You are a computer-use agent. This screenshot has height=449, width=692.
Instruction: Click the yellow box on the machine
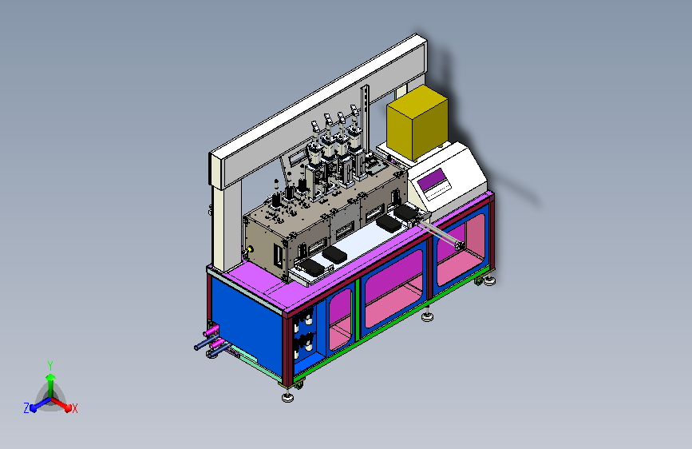pyautogui.click(x=417, y=122)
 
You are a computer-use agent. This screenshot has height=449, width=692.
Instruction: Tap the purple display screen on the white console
pyautogui.click(x=432, y=180)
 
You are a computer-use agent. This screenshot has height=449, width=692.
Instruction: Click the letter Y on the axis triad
pyautogui.click(x=50, y=366)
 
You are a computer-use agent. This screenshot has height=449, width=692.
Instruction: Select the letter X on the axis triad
pyautogui.click(x=74, y=409)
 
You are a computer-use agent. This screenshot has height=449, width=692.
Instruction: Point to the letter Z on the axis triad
pyautogui.click(x=26, y=408)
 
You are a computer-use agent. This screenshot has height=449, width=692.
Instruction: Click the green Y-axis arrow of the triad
pyautogui.click(x=51, y=386)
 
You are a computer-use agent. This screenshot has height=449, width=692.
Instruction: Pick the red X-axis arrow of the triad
pyautogui.click(x=61, y=404)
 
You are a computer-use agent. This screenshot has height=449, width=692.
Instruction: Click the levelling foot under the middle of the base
pyautogui.click(x=427, y=316)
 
